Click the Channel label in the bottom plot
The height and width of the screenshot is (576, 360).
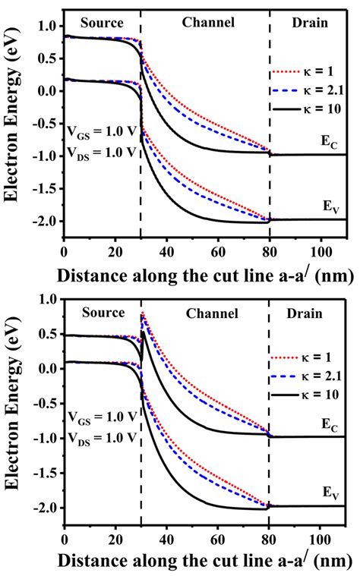click(209, 313)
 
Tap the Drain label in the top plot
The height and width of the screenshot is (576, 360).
click(310, 23)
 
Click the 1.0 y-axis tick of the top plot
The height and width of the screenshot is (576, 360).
click(46, 27)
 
